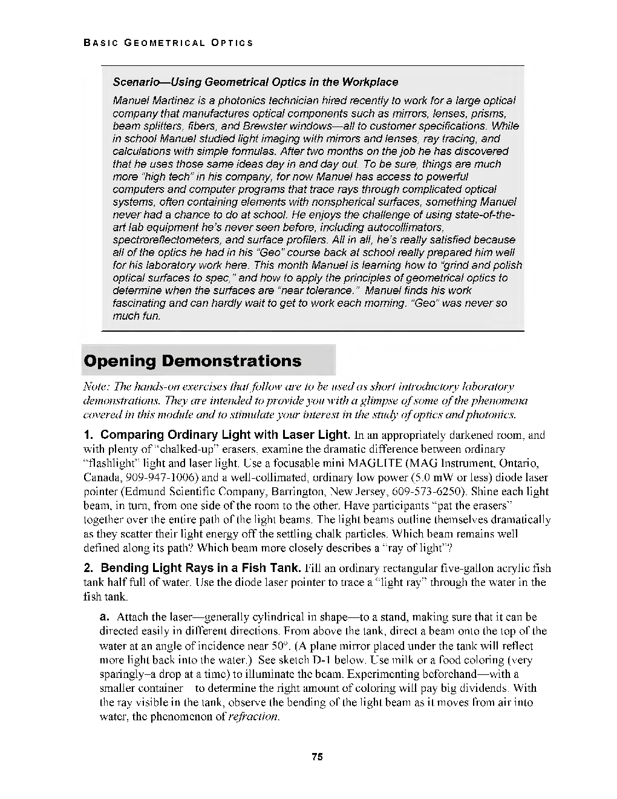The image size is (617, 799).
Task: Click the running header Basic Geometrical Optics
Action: click(x=168, y=43)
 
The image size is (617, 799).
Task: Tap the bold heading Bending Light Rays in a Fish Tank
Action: click(x=200, y=568)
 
